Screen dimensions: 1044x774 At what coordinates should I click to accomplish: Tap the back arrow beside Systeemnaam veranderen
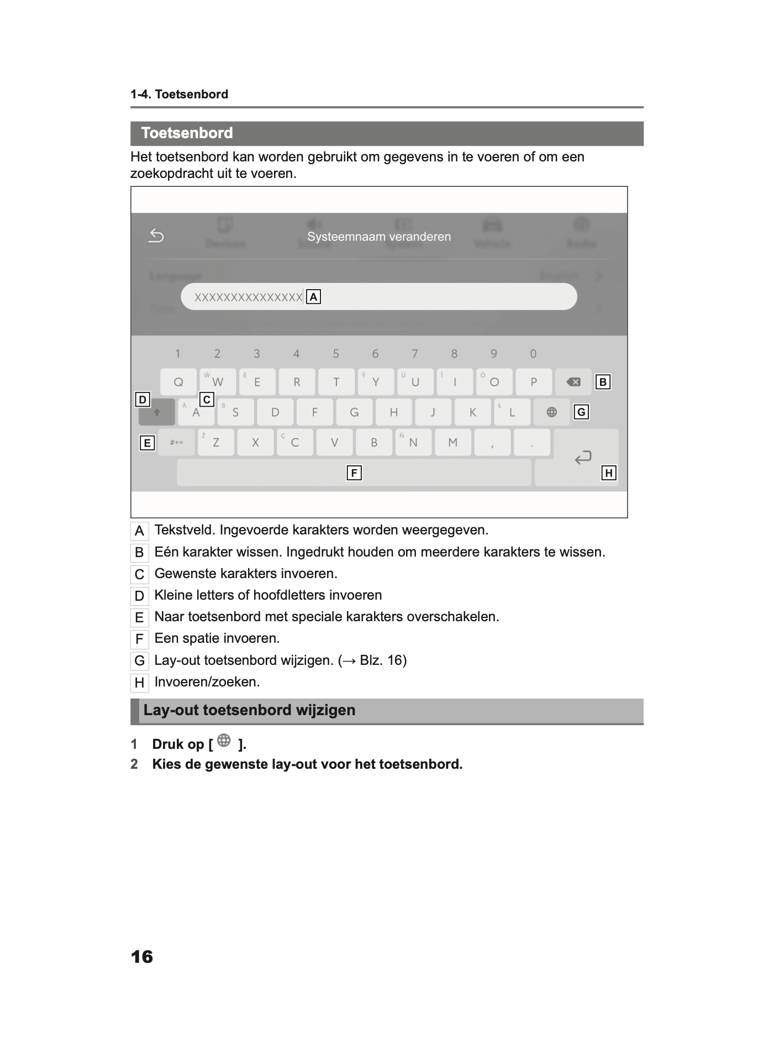(x=156, y=236)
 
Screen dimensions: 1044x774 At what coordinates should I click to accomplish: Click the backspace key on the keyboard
(x=573, y=382)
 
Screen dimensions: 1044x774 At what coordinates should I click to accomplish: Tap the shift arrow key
(x=157, y=412)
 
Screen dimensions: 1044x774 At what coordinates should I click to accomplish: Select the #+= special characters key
(x=176, y=442)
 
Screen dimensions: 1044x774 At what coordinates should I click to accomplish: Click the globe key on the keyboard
(x=551, y=412)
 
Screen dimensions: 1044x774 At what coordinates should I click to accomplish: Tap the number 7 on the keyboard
(x=415, y=354)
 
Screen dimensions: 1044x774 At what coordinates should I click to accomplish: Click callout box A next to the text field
(x=313, y=297)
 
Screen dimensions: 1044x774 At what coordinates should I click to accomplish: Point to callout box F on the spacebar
(x=354, y=473)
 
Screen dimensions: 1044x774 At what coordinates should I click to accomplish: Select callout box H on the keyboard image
(x=608, y=473)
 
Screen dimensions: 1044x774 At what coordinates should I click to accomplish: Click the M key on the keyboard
(x=453, y=442)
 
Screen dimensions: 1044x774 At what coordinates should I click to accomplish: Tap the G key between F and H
(x=354, y=412)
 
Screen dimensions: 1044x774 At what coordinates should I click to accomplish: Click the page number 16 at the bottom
(x=142, y=957)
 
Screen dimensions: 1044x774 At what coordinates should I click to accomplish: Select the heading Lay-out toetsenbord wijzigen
(x=249, y=710)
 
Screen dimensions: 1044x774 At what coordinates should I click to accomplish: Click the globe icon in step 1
(x=224, y=741)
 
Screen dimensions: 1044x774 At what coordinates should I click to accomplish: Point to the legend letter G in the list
(x=139, y=661)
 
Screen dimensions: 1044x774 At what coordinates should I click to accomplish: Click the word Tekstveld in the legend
(x=185, y=530)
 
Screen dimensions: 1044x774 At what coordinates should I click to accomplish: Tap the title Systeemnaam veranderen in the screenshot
(x=379, y=237)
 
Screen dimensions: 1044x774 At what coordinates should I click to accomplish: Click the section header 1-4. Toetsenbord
(x=179, y=95)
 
